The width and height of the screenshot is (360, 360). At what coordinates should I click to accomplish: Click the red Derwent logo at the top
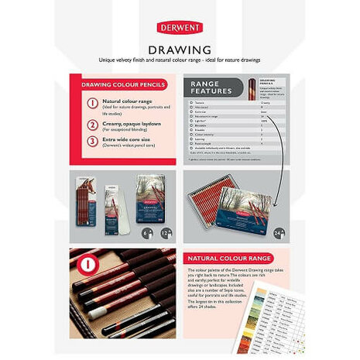[x=180, y=27]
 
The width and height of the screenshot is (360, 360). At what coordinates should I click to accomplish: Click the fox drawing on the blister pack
[x=95, y=190]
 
